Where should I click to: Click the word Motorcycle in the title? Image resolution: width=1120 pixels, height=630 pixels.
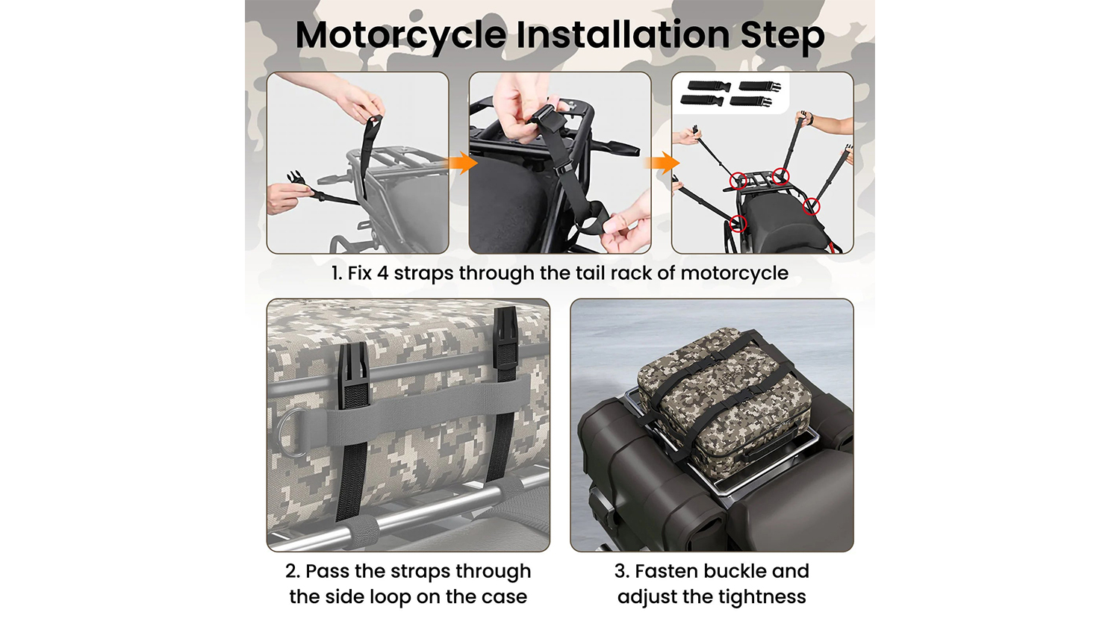pyautogui.click(x=401, y=36)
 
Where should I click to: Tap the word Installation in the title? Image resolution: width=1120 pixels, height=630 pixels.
pyautogui.click(x=623, y=34)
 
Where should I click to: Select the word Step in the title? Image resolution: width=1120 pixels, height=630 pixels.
pyautogui.click(x=783, y=36)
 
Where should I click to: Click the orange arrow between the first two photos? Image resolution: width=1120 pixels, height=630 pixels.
pyautogui.click(x=463, y=163)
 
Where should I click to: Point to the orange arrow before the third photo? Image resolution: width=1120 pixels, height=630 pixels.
pyautogui.click(x=664, y=163)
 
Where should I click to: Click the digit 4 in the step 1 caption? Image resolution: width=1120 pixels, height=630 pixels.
pyautogui.click(x=382, y=273)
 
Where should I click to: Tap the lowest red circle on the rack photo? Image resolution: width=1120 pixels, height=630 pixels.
pyautogui.click(x=738, y=223)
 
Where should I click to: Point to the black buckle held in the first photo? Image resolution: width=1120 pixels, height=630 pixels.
pyautogui.click(x=296, y=178)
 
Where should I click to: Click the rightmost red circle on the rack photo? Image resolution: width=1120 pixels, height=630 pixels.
pyautogui.click(x=812, y=206)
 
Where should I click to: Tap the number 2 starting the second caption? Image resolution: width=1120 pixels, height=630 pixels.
pyautogui.click(x=293, y=572)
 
